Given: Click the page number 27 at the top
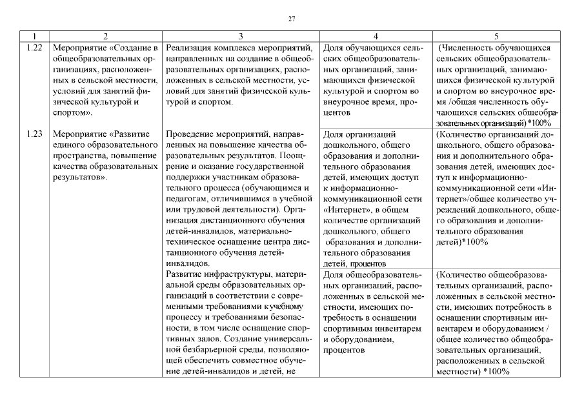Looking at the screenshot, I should point(292,19).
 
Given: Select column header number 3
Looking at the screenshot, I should point(241,37).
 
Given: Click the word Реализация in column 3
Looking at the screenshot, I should point(188,48).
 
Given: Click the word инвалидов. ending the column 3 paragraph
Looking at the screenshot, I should point(186,263).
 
